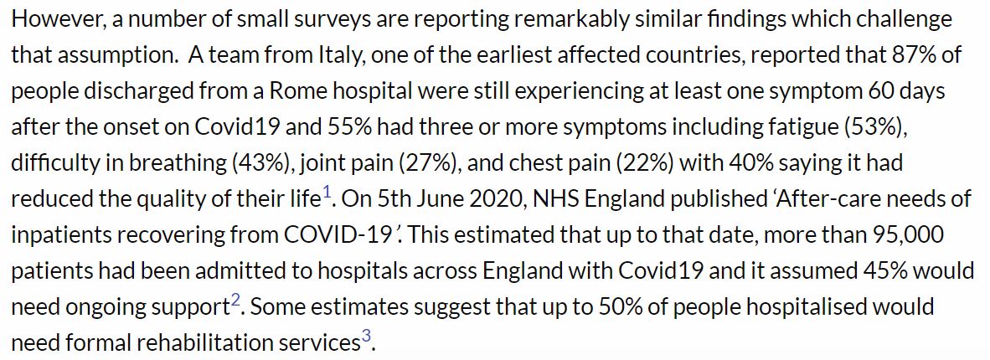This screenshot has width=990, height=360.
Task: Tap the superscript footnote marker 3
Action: (x=365, y=337)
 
